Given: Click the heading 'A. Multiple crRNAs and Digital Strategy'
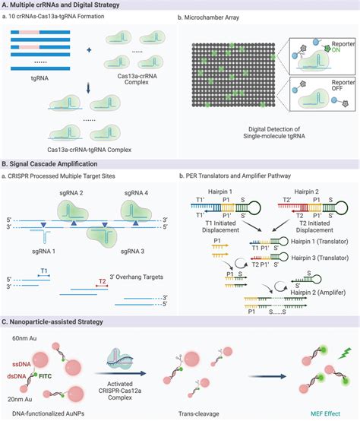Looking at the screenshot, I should coord(68,5).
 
